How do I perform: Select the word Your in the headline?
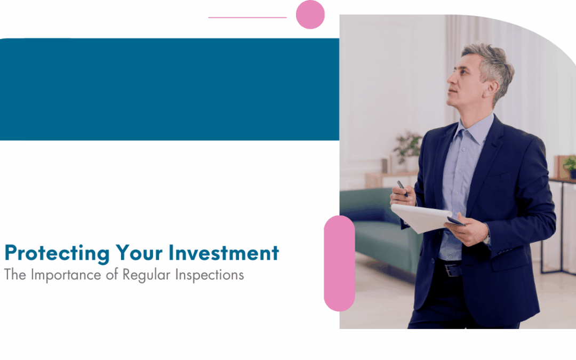point(134,253)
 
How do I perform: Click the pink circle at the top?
point(310,14)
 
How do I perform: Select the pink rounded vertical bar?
point(339,263)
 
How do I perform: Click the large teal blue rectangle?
point(170,89)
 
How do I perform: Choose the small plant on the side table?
point(570,166)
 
